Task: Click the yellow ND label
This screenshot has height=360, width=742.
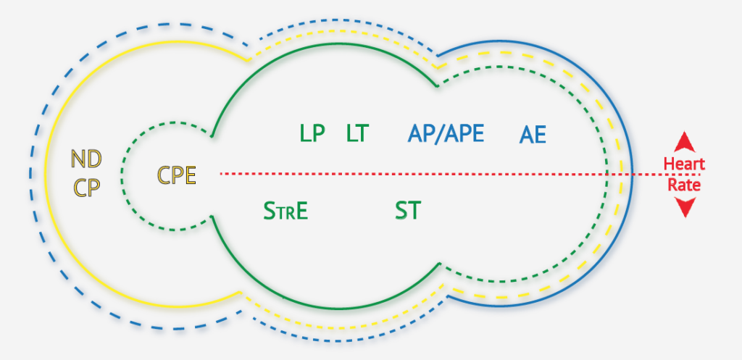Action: pyautogui.click(x=86, y=158)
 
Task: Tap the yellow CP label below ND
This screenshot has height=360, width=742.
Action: pyautogui.click(x=86, y=186)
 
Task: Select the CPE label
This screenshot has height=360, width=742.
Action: pyautogui.click(x=177, y=175)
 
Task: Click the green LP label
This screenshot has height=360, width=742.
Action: pyautogui.click(x=312, y=133)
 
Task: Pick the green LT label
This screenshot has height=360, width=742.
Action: pyautogui.click(x=358, y=133)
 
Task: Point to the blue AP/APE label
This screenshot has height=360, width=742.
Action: pyautogui.click(x=446, y=133)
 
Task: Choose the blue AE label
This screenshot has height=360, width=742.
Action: pyautogui.click(x=533, y=135)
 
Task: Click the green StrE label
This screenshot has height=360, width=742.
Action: pyautogui.click(x=286, y=212)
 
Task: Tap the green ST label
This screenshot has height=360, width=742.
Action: pyautogui.click(x=408, y=211)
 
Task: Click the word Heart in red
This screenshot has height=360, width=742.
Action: pyautogui.click(x=684, y=164)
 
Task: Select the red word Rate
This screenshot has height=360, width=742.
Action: pyautogui.click(x=684, y=185)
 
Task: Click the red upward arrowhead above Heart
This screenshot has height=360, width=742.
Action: pyautogui.click(x=685, y=142)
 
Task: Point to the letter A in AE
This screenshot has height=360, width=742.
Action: pyautogui.click(x=527, y=135)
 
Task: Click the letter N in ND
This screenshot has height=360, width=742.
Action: pyautogui.click(x=78, y=158)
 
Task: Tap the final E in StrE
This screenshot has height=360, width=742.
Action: pyautogui.click(x=301, y=212)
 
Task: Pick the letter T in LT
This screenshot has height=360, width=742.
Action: pyautogui.click(x=364, y=133)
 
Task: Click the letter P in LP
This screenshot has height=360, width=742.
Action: pyautogui.click(x=319, y=133)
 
